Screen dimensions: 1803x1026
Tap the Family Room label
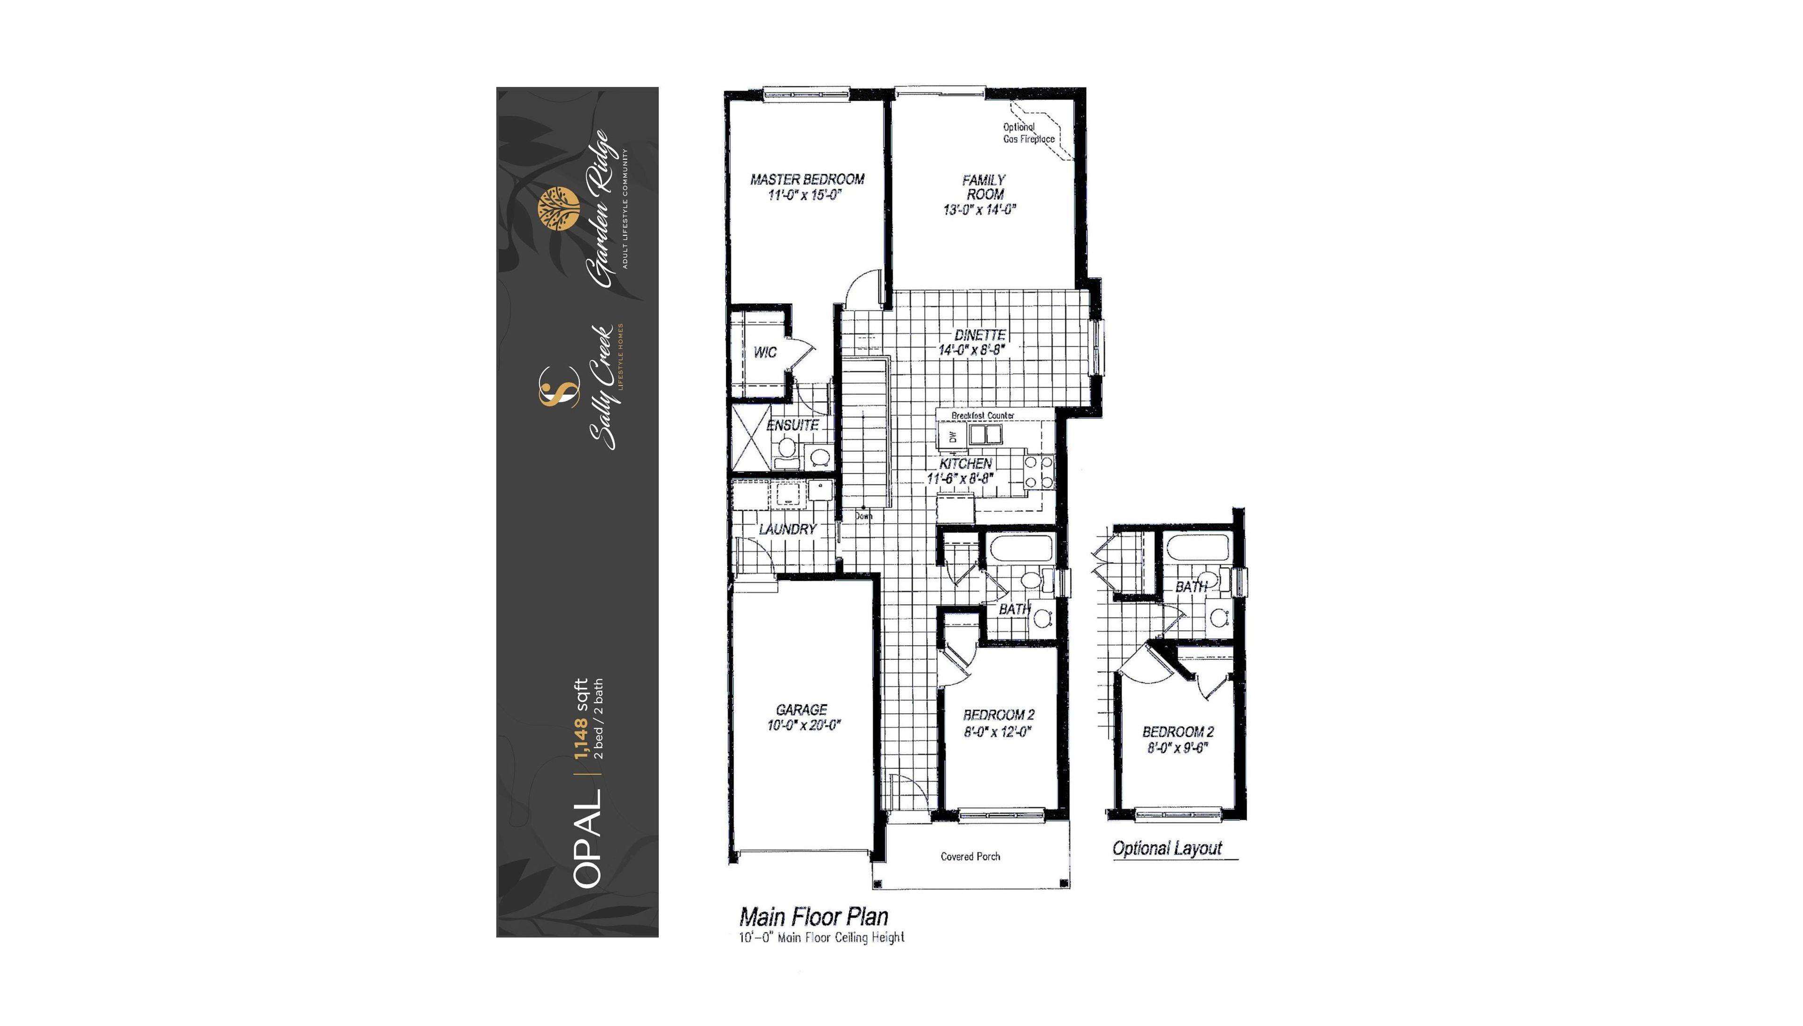point(984,187)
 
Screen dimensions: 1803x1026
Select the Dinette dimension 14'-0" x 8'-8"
point(971,349)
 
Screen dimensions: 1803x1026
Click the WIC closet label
point(765,352)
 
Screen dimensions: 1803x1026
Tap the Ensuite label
point(793,425)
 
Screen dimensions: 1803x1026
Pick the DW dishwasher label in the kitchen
point(953,437)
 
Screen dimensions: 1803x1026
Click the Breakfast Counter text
point(983,416)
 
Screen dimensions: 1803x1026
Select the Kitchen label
point(966,463)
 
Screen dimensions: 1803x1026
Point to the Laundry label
point(788,529)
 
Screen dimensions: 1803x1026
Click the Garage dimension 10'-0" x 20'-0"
point(804,725)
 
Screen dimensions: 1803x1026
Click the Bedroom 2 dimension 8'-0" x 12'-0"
point(998,732)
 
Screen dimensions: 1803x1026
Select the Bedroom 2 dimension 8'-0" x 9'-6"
point(1177,748)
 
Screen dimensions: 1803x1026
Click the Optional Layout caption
point(1167,849)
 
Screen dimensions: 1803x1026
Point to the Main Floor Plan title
point(814,917)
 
